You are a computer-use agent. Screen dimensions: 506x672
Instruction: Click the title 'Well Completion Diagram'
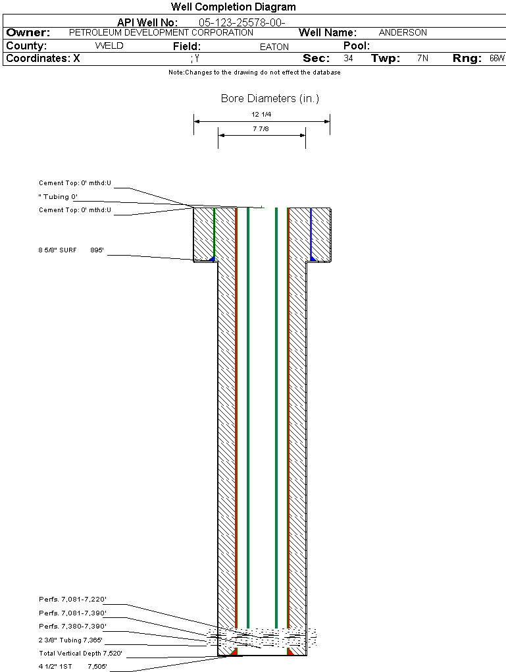234,7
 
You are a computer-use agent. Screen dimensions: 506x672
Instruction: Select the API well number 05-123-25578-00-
242,22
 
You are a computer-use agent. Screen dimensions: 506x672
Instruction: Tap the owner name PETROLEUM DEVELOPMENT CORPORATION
161,32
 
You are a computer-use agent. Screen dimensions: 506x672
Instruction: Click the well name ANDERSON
403,32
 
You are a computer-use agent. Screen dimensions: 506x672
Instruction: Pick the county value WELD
109,46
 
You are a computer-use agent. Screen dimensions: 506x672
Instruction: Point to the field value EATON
274,47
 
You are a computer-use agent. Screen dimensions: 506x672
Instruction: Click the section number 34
349,58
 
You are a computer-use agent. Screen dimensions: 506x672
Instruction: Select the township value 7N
422,58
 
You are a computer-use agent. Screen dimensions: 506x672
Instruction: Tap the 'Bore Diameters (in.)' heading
270,99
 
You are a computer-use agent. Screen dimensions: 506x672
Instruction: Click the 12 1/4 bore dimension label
261,115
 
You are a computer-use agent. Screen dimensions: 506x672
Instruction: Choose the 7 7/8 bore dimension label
261,128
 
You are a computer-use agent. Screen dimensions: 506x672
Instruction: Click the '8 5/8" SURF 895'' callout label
71,250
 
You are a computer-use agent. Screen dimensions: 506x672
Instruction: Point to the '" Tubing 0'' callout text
58,197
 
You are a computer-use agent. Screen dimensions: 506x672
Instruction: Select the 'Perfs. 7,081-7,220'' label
72,599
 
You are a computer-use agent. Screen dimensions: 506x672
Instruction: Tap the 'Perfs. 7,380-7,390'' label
72,626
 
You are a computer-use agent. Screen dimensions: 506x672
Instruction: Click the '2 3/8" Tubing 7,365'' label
70,640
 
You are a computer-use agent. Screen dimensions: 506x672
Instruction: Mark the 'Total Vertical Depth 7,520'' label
80,653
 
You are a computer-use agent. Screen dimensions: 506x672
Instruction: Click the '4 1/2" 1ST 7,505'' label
73,667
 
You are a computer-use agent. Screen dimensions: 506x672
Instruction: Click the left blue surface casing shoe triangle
211,258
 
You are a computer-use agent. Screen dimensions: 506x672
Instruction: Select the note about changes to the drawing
255,72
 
